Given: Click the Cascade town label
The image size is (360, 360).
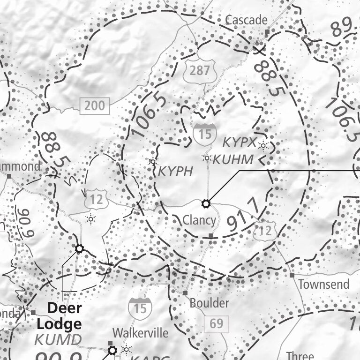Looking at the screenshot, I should point(246,20).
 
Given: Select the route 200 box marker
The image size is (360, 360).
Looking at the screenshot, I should point(95,105).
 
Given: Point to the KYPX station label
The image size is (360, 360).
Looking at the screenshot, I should point(240,142).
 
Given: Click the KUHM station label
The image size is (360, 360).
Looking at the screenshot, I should point(233,160).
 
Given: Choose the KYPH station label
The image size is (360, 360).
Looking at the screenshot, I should point(175,171).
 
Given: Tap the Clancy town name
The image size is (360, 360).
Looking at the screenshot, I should point(199,220).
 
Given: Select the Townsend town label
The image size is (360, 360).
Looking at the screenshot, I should point(324,284).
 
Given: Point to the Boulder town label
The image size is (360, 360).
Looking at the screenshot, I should point(209,303).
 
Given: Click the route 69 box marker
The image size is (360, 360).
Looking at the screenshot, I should point(216,323).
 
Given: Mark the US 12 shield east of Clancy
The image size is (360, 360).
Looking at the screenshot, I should point(265,230).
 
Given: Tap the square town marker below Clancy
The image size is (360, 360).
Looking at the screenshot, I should point(211,235).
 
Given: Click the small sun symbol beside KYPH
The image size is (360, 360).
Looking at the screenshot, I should point(152,162).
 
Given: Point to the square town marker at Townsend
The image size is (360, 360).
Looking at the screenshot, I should point(292,276).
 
